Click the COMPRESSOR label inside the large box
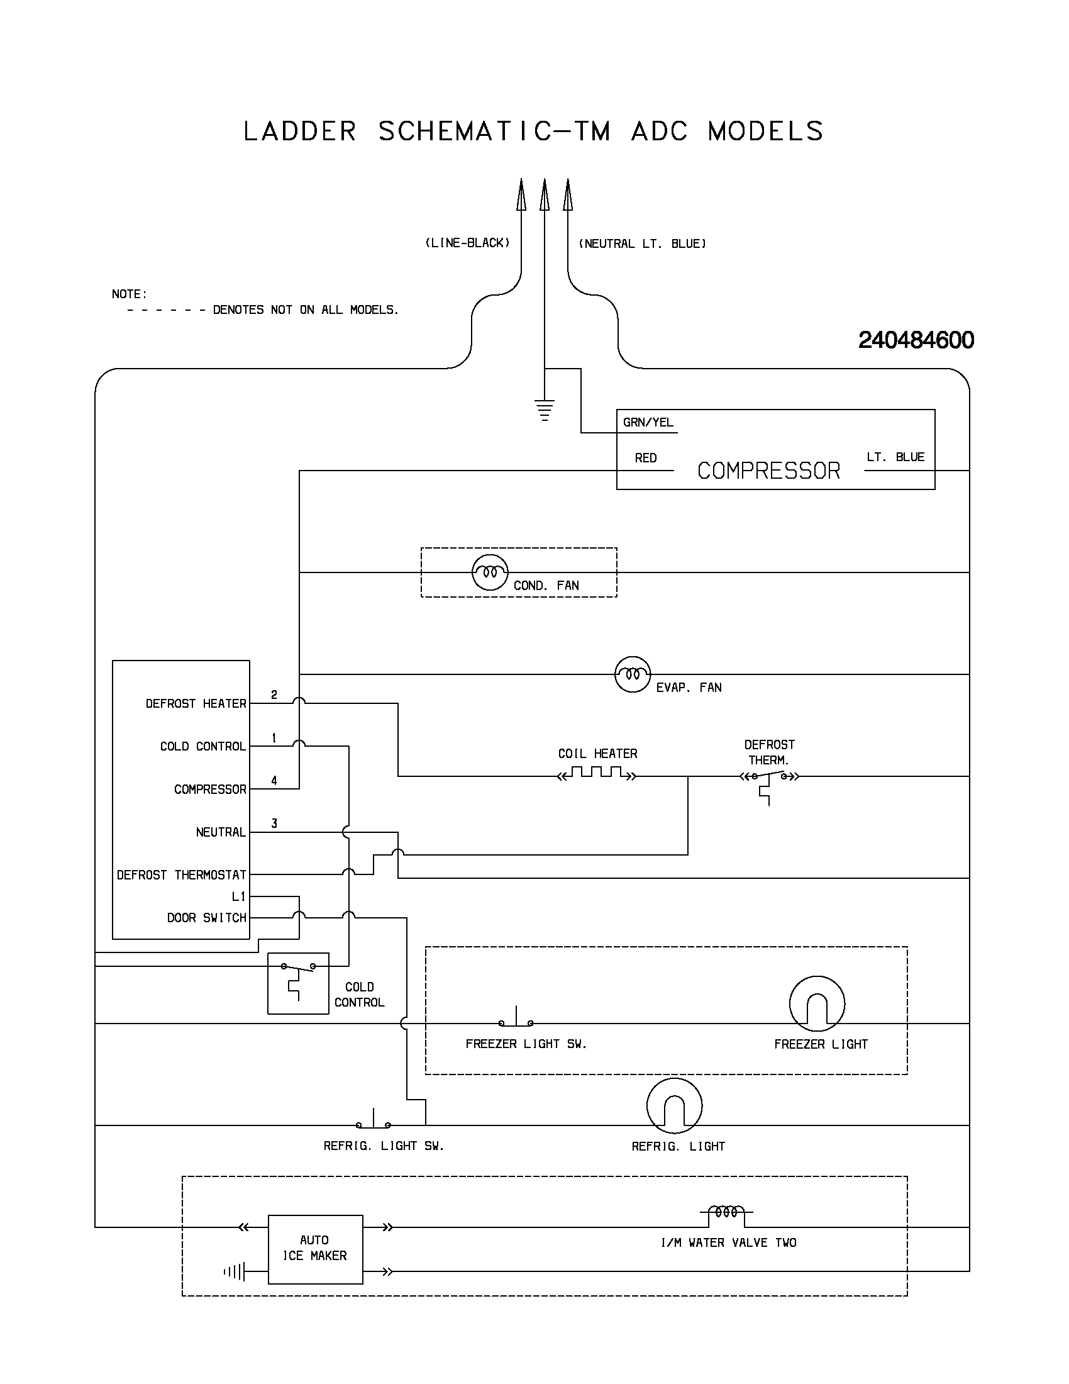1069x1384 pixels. point(768,471)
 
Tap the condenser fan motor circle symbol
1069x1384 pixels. point(489,572)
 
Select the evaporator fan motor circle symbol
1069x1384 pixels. point(632,674)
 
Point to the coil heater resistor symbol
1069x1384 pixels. point(597,774)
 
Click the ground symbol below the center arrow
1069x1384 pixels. point(544,410)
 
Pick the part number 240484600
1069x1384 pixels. point(916,340)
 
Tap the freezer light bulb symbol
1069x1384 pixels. point(817,1003)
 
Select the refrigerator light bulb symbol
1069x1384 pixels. point(674,1105)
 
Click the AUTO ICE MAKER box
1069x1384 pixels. point(316,1248)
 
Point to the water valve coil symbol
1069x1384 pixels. point(726,1212)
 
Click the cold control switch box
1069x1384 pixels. point(297,983)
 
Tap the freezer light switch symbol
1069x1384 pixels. point(516,1020)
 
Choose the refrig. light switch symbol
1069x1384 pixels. point(373,1122)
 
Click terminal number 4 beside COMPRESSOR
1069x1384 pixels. point(274,781)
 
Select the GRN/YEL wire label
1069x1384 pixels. point(648,423)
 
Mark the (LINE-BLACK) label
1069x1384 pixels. point(467,243)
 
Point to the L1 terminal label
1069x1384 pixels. point(238,896)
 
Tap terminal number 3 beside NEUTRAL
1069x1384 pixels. point(274,824)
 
